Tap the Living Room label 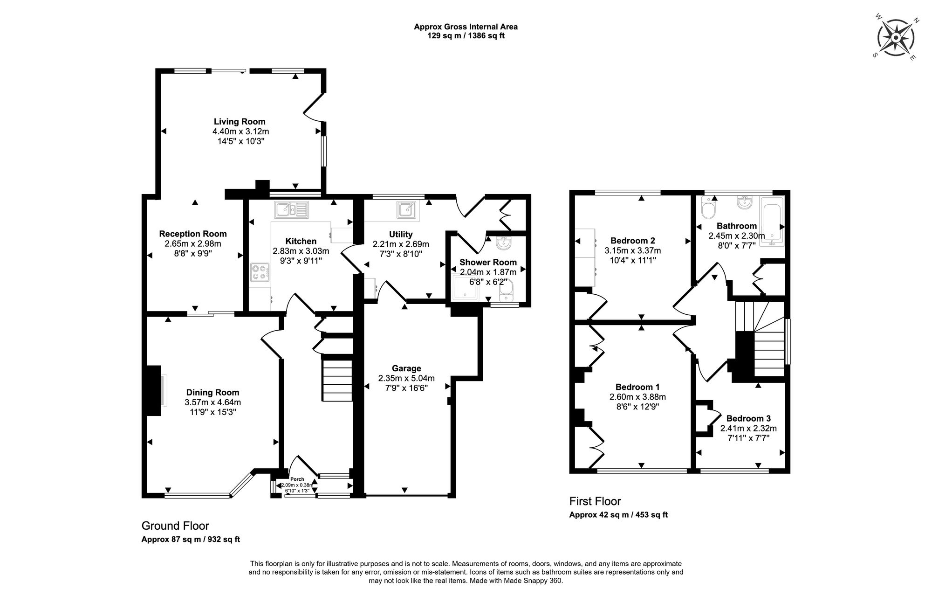tap(240, 122)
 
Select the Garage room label tap(406, 368)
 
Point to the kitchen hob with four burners tap(260, 272)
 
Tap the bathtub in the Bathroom tap(772, 220)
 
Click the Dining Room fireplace tap(155, 390)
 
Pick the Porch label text tap(297, 479)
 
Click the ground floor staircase tap(337, 378)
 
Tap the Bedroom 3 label tap(748, 418)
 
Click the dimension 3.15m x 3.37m tap(633, 250)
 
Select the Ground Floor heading tap(175, 526)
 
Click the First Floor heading tap(595, 501)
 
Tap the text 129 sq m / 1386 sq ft tap(466, 35)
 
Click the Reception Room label tap(193, 234)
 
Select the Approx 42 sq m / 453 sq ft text tap(618, 515)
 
